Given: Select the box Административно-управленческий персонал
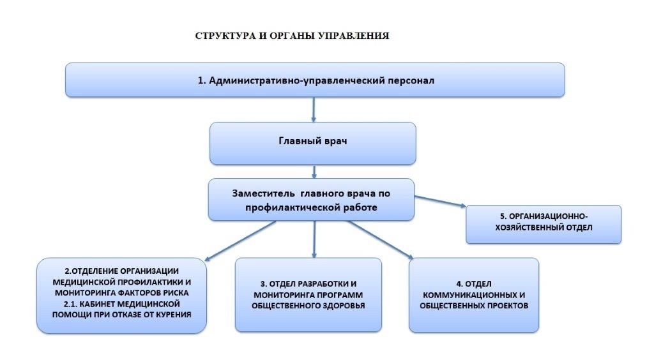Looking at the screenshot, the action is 315,80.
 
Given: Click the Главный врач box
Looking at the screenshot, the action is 313,143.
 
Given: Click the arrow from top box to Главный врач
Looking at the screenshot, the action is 313,110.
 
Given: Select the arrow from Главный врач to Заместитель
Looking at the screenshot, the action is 314,172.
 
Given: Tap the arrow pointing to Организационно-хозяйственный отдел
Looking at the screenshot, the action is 440,201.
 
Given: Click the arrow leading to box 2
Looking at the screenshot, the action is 240,241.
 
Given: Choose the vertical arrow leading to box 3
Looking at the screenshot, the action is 314,239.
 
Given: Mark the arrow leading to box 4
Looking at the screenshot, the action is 381,239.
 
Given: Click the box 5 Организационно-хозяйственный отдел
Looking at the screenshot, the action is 544,224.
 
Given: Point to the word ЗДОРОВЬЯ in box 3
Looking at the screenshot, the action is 344,306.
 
